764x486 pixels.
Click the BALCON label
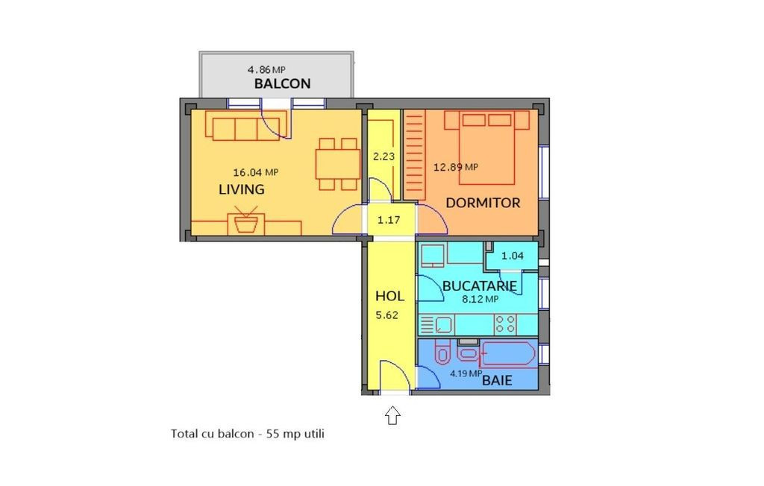click(282, 83)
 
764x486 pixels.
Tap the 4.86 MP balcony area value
click(266, 69)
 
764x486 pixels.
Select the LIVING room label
click(241, 189)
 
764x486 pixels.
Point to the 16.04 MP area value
click(255, 172)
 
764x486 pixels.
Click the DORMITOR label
click(483, 203)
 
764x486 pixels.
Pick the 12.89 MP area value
click(456, 167)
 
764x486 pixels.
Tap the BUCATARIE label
click(480, 285)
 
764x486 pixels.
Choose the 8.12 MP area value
click(480, 299)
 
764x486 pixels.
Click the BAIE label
click(497, 380)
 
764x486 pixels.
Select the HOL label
click(389, 296)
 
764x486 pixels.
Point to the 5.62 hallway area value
click(387, 315)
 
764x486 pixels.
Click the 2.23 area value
click(383, 157)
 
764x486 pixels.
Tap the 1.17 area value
click(389, 220)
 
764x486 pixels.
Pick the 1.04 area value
click(513, 256)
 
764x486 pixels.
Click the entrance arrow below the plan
click(392, 415)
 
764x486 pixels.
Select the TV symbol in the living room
click(246, 221)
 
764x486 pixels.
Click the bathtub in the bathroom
click(507, 354)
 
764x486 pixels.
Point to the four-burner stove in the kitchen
click(505, 324)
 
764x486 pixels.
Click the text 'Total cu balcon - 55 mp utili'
click(248, 433)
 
